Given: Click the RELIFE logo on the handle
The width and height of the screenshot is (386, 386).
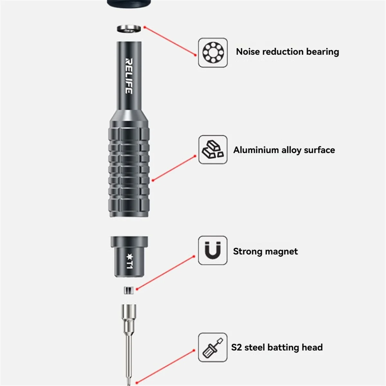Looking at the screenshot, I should point(129,76).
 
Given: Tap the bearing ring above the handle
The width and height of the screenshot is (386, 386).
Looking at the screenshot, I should point(129,29).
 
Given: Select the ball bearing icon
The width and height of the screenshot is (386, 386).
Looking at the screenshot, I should point(213,52).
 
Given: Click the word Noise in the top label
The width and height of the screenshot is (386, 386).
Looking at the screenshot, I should point(248,52).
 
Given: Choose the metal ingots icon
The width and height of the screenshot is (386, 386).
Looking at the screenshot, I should point(213,150).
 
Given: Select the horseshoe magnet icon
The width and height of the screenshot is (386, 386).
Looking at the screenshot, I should point(213,250).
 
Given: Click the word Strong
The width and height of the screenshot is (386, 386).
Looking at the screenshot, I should point(247,252).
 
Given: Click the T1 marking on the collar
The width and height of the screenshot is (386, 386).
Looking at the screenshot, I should point(130,261).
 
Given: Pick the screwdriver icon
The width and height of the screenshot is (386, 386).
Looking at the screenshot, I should point(213,347).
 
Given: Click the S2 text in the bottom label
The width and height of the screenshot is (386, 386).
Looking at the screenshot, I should point(236,347).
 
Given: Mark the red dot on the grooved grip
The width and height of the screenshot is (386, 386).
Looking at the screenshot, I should point(153,180).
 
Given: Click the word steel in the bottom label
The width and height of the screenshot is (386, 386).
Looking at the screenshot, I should point(255,347).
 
